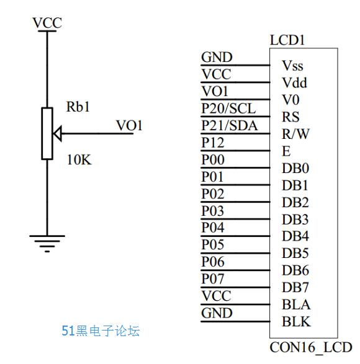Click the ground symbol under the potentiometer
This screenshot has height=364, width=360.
point(47,243)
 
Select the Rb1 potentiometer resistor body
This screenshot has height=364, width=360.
point(47,133)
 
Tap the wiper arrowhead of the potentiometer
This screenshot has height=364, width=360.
point(57,134)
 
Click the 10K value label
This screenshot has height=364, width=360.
point(79,160)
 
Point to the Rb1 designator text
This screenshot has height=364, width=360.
point(78,107)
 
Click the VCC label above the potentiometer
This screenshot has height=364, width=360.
point(47,23)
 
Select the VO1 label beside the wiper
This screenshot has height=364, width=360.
point(129,126)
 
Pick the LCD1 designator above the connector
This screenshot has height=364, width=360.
point(287,40)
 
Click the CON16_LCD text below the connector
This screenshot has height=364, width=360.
point(311,348)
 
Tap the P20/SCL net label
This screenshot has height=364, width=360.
point(228,109)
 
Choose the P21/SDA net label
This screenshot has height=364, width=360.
point(230,126)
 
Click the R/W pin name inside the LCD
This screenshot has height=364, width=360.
point(295,134)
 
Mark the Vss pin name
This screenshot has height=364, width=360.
point(292,66)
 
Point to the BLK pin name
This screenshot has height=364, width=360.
point(296,322)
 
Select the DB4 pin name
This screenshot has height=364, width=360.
point(295,236)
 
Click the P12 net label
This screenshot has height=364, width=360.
point(213,143)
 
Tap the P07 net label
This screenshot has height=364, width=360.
point(213,279)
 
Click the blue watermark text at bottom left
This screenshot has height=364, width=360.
point(101,331)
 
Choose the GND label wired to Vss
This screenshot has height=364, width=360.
point(217,57)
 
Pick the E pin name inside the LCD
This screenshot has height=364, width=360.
point(286,151)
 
